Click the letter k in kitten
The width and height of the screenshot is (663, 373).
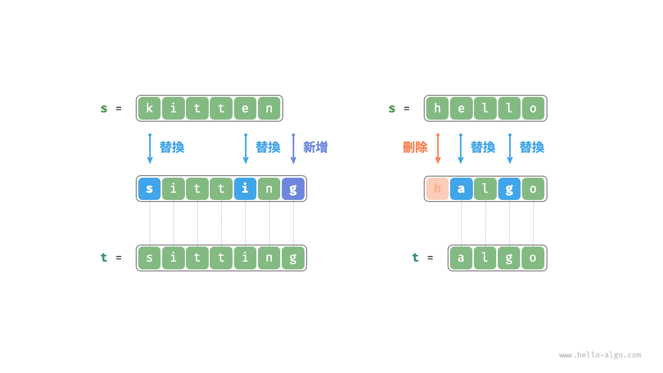point(149,108)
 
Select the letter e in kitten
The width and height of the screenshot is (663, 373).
point(245,108)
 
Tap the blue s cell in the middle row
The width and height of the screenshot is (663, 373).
point(149,189)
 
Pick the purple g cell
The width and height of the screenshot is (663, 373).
point(293,189)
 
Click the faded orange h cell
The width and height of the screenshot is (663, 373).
point(437,189)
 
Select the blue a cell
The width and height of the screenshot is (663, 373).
point(461,189)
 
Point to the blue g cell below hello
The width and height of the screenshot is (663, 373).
point(509,189)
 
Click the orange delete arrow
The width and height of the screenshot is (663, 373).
point(438,149)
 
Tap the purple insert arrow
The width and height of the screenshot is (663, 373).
point(293,149)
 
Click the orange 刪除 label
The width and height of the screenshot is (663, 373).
point(415,147)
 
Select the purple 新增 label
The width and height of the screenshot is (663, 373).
point(315,147)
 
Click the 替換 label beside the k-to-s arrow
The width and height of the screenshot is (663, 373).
point(171,147)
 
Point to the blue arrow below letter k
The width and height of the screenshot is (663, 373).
point(150,149)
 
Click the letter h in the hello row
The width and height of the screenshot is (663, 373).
point(437,108)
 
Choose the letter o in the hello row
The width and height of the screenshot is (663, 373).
point(533,108)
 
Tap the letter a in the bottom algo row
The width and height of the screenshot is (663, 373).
point(461,258)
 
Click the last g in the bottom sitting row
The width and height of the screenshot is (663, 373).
point(293,258)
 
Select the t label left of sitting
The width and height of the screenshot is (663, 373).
point(104,257)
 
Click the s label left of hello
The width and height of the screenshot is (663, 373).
point(392,108)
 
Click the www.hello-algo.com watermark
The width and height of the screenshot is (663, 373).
point(600,355)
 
